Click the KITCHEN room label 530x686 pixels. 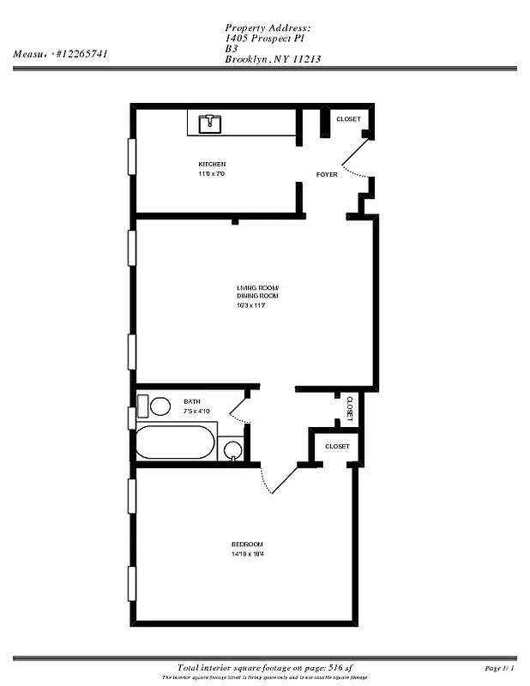coord(212,164)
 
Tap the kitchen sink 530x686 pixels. coord(210,124)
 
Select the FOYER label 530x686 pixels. coord(327,175)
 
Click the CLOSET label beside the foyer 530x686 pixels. coord(348,119)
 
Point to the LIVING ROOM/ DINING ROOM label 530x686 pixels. coord(258,292)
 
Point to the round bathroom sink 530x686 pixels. coord(231,448)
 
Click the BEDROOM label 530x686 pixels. coord(247,545)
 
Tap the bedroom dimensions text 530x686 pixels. coord(247,555)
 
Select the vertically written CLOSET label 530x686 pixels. coord(350,407)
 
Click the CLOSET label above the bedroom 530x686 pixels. coord(337,447)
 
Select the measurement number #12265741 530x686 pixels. coord(82,53)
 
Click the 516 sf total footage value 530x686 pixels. coord(314,667)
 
